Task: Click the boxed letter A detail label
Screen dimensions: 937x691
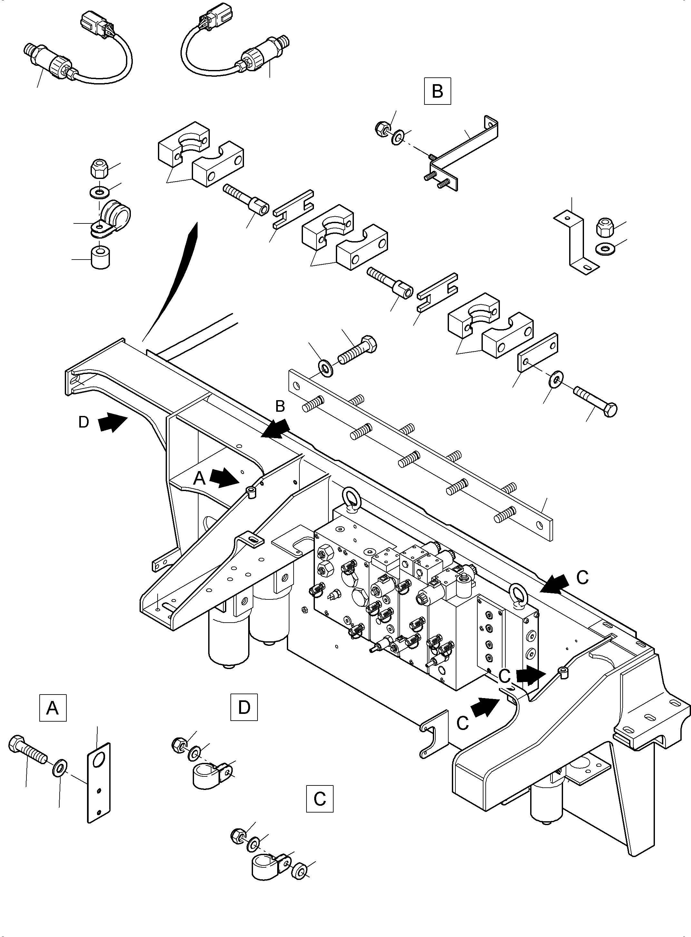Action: pyautogui.click(x=53, y=708)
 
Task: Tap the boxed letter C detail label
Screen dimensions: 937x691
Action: pyautogui.click(x=320, y=799)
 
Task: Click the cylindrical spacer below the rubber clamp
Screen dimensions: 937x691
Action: pyautogui.click(x=100, y=257)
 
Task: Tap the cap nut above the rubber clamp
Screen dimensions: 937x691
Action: pyautogui.click(x=99, y=168)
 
